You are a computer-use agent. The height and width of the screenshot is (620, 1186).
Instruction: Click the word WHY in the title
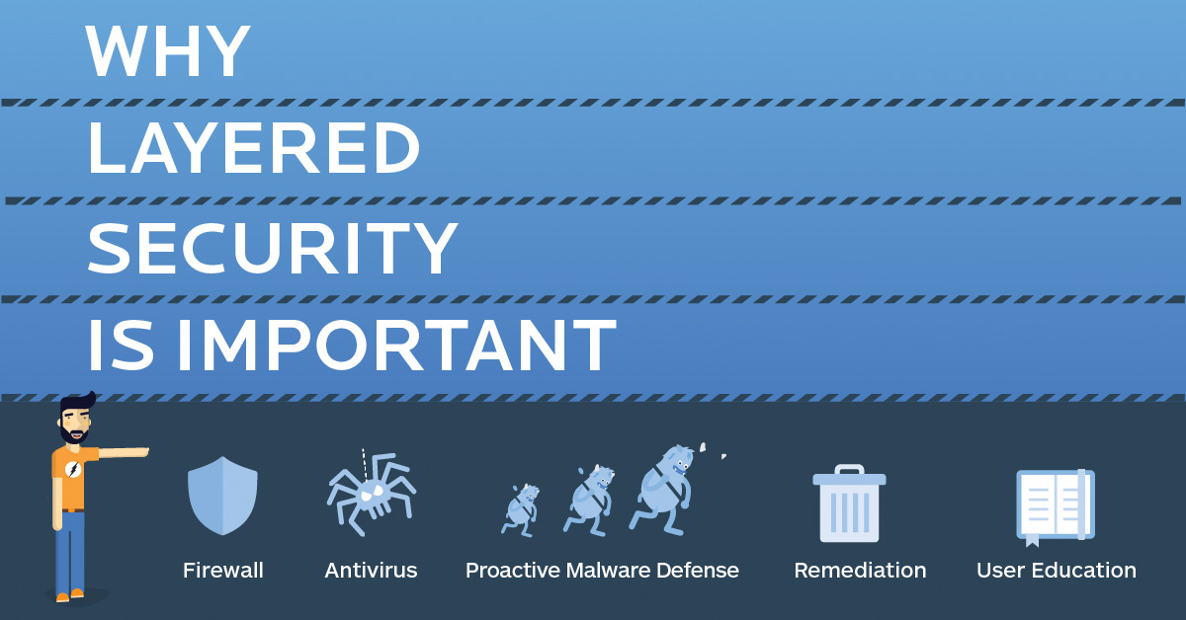168,51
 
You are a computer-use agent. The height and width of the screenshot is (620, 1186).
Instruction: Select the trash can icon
849,504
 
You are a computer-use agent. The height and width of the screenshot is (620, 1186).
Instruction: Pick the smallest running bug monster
521,508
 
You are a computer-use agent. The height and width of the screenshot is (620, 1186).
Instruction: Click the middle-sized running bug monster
590,500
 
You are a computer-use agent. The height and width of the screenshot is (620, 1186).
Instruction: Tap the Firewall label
223,571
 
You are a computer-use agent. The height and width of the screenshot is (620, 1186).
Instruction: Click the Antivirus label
371,571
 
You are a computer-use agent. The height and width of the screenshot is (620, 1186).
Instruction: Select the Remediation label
860,571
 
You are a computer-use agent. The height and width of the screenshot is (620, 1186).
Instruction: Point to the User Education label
1056,571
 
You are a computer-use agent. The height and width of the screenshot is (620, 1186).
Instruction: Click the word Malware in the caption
608,571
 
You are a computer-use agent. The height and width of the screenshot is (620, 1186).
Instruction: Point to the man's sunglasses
77,414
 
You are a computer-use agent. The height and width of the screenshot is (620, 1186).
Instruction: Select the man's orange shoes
70,594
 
